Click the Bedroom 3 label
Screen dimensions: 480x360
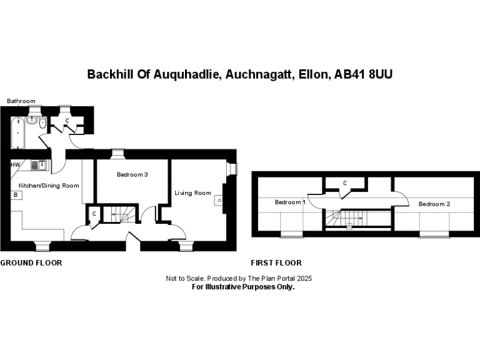click(x=132, y=174)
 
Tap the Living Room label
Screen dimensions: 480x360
click(x=193, y=193)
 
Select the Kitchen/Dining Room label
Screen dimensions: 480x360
click(x=49, y=186)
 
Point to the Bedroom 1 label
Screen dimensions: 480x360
click(x=290, y=202)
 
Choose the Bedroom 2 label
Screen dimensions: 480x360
click(x=434, y=204)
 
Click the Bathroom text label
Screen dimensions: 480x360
click(x=21, y=101)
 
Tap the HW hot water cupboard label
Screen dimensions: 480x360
click(x=15, y=165)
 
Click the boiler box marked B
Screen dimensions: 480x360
click(x=16, y=195)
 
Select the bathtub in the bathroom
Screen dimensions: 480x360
click(x=17, y=133)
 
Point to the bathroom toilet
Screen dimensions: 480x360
click(x=42, y=122)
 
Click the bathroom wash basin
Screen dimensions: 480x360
click(x=31, y=120)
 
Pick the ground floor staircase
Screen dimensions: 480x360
click(x=119, y=214)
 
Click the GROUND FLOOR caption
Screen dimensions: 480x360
click(x=31, y=262)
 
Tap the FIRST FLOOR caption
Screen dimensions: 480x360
click(x=276, y=262)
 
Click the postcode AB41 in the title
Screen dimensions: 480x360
click(x=350, y=74)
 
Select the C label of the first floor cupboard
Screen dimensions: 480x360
click(x=345, y=183)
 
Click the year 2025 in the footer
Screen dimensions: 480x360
click(x=304, y=278)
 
